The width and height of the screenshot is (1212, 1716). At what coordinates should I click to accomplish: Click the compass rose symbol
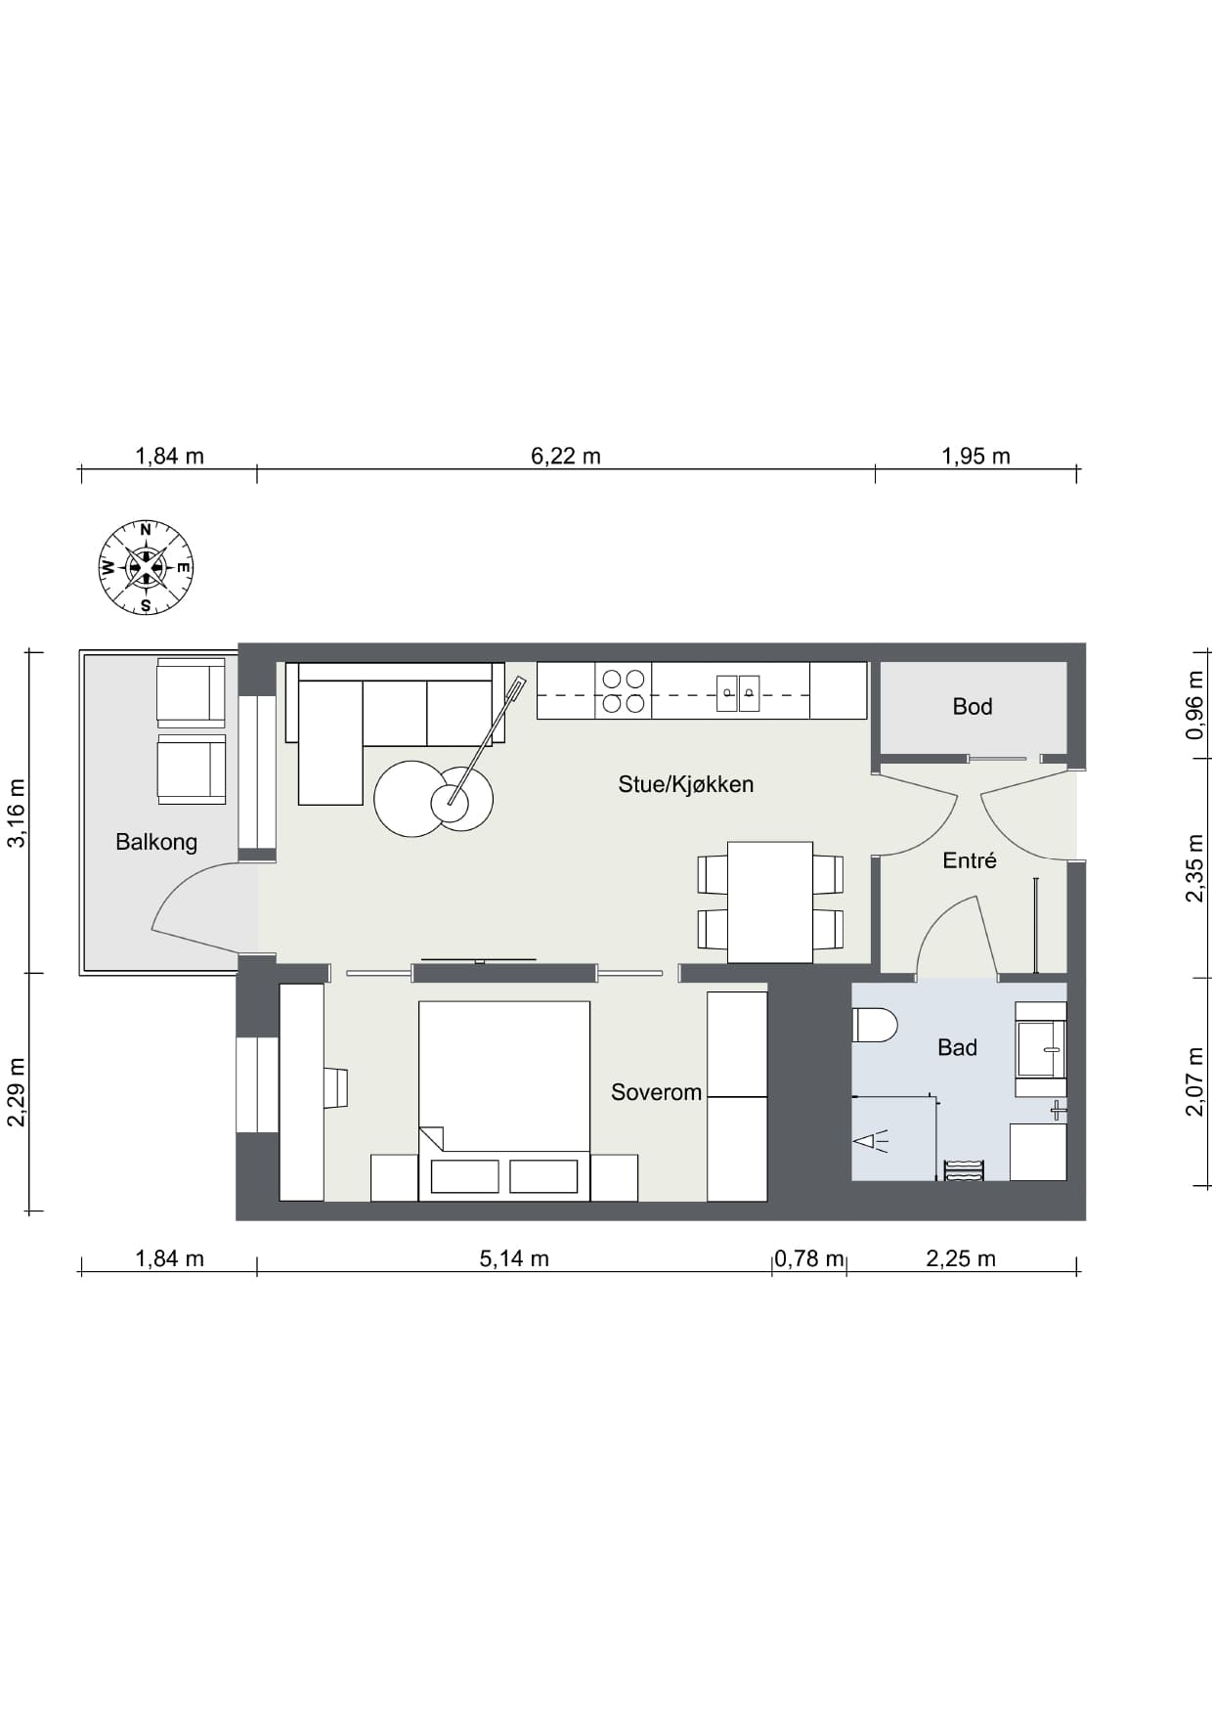(146, 567)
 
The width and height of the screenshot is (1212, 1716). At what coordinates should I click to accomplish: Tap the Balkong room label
(156, 842)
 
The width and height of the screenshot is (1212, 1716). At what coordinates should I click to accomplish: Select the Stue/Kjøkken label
(685, 784)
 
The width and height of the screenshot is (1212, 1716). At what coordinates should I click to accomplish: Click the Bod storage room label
(973, 706)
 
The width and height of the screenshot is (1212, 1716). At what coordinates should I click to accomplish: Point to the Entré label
(970, 860)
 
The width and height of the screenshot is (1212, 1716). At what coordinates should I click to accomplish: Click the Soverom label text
(656, 1092)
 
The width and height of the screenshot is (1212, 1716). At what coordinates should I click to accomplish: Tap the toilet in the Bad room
(875, 1026)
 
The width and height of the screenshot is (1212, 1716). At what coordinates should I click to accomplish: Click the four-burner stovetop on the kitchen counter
(624, 690)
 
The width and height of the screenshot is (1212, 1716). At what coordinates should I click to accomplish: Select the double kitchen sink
(738, 692)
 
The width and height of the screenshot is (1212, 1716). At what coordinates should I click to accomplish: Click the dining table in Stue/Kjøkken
(770, 902)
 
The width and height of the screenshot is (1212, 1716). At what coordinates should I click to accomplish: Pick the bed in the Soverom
(504, 1101)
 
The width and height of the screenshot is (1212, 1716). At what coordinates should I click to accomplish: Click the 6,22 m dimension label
(566, 456)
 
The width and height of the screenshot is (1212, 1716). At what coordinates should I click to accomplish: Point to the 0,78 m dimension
(809, 1258)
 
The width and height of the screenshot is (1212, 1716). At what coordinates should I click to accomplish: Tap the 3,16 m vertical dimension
(18, 813)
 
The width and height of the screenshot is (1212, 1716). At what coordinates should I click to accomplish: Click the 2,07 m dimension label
(1194, 1080)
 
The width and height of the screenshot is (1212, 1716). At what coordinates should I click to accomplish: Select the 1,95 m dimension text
(975, 456)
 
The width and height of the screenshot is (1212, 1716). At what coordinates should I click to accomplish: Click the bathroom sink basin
(1040, 1048)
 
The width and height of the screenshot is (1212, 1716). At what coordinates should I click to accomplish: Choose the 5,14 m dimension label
(514, 1258)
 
